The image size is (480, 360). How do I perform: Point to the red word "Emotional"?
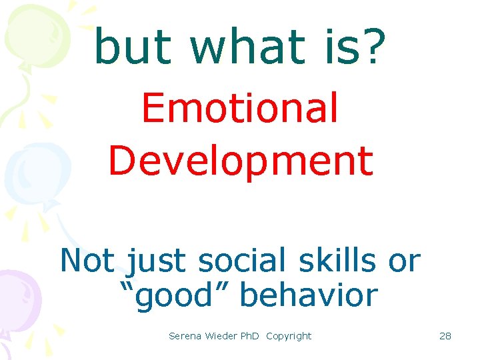[x=240, y=108]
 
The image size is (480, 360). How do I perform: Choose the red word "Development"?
[x=240, y=161]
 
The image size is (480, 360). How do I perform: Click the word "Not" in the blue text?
[x=87, y=260]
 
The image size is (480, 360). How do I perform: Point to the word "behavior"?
[x=308, y=294]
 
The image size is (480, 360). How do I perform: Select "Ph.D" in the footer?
[x=251, y=336]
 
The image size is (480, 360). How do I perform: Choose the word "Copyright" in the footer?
[x=289, y=336]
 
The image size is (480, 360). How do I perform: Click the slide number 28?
[x=445, y=336]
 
